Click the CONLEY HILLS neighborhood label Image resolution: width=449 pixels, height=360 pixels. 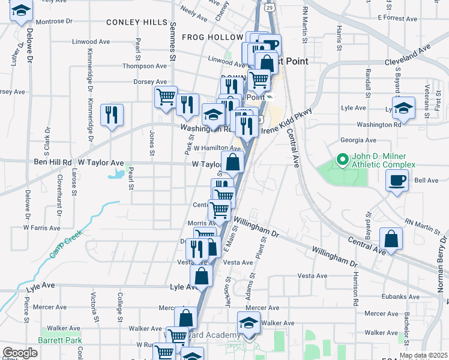pyautogui.click(x=137, y=22)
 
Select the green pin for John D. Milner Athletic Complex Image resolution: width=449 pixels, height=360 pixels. pyautogui.click(x=343, y=160)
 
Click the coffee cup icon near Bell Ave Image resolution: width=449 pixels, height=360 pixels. pyautogui.click(x=398, y=180)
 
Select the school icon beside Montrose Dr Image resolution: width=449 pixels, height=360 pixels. pyautogui.click(x=21, y=11)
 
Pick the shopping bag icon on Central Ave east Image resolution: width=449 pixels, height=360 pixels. pyautogui.click(x=391, y=239)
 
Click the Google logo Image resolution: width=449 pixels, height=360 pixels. pyautogui.click(x=20, y=353)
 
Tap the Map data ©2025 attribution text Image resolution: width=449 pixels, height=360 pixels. pyautogui.click(x=423, y=355)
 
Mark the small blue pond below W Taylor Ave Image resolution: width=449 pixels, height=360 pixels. pyautogui.click(x=116, y=175)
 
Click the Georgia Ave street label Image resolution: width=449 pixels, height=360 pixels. pyautogui.click(x=354, y=140)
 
